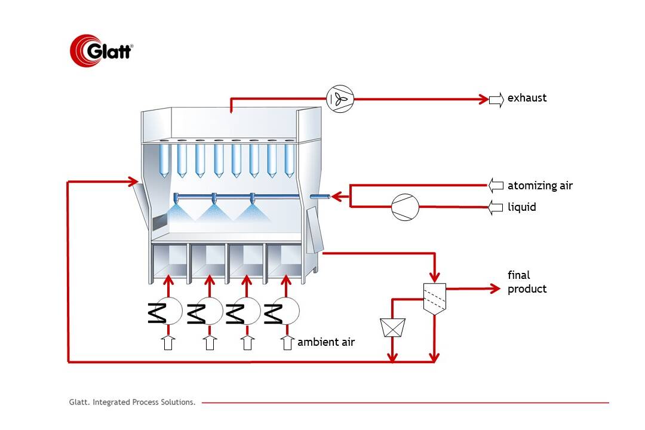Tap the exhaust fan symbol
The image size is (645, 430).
pyautogui.click(x=340, y=99)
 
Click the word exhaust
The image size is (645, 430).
pyautogui.click(x=527, y=98)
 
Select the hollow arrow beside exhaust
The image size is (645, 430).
pyautogui.click(x=496, y=99)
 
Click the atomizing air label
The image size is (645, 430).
pyautogui.click(x=540, y=186)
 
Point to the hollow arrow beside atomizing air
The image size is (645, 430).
pyautogui.click(x=496, y=186)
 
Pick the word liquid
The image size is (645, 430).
pyautogui.click(x=521, y=207)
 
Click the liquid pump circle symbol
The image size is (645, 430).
pyautogui.click(x=406, y=208)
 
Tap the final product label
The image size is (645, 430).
pyautogui.click(x=527, y=282)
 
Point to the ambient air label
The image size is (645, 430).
pyautogui.click(x=326, y=342)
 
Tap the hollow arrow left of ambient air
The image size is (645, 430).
pyautogui.click(x=287, y=343)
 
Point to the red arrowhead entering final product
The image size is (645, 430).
pyautogui.click(x=494, y=289)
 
